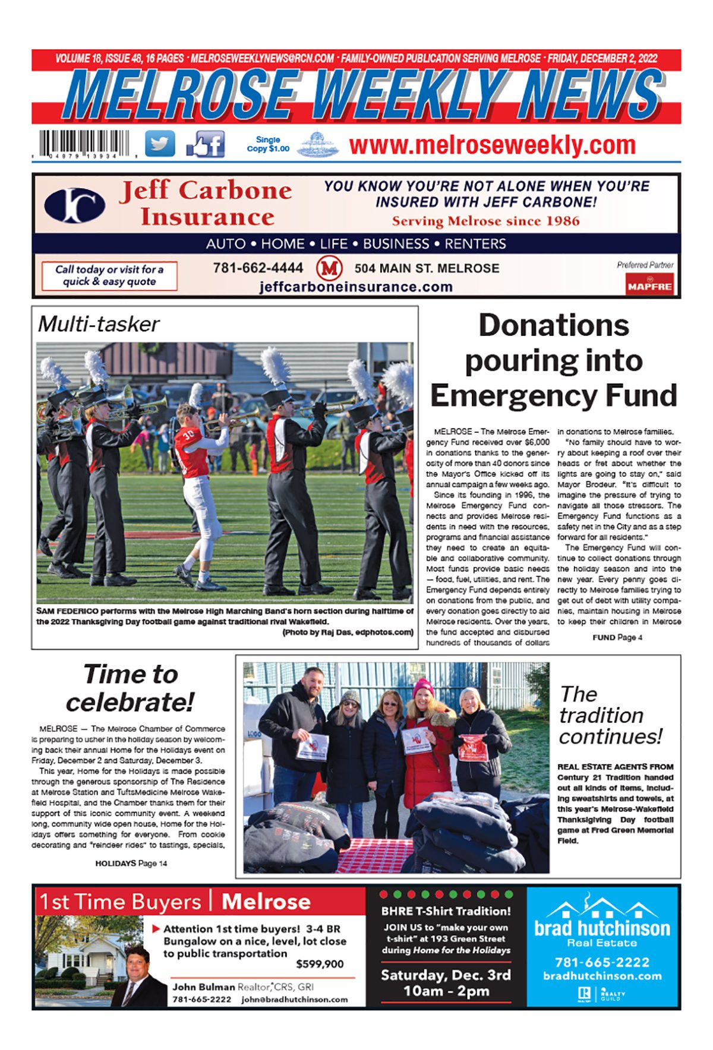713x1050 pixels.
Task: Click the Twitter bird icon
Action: coord(160,144)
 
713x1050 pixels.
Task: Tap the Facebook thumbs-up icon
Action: coord(206,144)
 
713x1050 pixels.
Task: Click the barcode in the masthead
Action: coord(85,143)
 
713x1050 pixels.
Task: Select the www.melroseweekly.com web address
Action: coord(492,145)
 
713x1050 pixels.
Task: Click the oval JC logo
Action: coord(75,205)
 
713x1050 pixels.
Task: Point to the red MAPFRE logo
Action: coord(649,285)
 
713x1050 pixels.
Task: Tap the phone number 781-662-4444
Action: coord(258,268)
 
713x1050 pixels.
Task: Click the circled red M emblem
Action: coord(329,268)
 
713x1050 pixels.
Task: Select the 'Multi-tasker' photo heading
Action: coord(99,324)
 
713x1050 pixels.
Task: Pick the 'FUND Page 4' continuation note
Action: coord(617,637)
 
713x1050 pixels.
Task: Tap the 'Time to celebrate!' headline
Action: coord(130,688)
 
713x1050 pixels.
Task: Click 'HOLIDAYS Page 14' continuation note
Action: coord(131,863)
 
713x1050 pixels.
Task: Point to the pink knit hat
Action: coord(423,686)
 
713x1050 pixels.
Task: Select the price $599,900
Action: coord(320,964)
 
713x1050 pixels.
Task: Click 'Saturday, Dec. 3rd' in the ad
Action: coord(446,975)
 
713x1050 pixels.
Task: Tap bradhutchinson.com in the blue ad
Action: coord(602,976)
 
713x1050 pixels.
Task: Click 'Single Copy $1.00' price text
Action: coord(268,144)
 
